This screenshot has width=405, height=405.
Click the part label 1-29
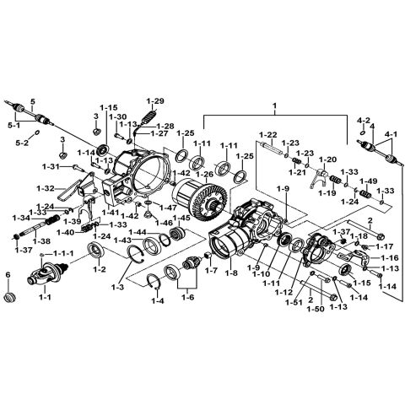pyautogui.click(x=155, y=100)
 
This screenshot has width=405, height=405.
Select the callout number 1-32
pyautogui.click(x=70, y=187)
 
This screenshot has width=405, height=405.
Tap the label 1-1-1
pyautogui.click(x=63, y=253)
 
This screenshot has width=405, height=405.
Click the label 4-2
pyautogui.click(x=362, y=120)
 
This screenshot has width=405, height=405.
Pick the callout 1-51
pyautogui.click(x=292, y=301)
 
